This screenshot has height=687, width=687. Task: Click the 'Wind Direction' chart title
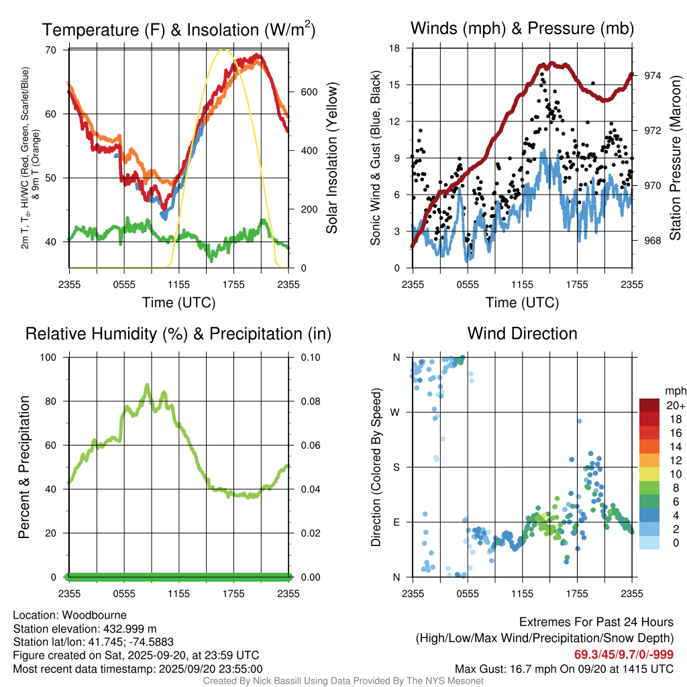coord(522,333)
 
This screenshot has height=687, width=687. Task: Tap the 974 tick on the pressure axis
coord(652,76)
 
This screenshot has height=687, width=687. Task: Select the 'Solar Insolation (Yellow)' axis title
coord(332,158)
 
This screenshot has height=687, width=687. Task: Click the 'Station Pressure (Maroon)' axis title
coord(676,158)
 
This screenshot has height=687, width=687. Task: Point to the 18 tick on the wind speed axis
coord(395,48)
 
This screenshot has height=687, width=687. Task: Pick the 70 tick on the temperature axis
coord(50,50)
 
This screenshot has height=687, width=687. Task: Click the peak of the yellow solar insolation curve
coord(226,49)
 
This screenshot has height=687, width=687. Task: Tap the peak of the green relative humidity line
coord(148,385)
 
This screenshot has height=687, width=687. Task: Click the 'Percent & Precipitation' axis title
coord(24,467)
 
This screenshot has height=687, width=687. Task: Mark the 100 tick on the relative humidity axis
coord(49,357)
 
